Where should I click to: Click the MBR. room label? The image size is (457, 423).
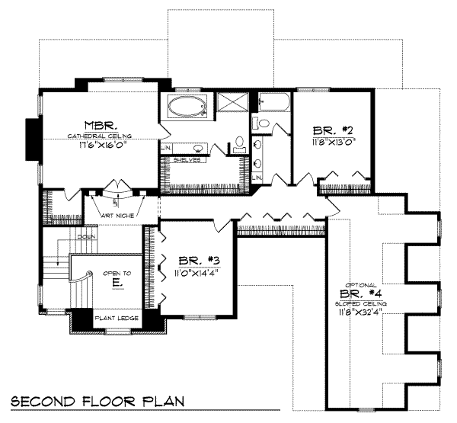[98, 125]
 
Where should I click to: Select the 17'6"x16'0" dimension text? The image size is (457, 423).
[99, 144]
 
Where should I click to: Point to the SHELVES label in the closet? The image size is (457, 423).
[187, 160]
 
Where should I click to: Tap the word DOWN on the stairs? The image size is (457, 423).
[86, 237]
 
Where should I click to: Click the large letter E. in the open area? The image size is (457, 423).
[117, 282]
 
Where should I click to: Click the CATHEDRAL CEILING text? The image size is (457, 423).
[99, 135]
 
